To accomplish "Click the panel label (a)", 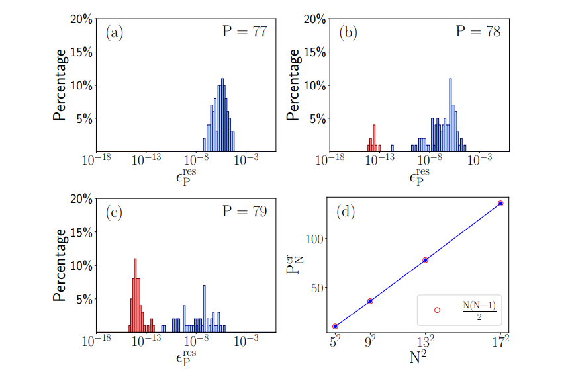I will point(115,32).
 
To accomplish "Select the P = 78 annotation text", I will point(477,32).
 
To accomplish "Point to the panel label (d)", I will point(348,212).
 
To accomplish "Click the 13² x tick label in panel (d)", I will point(426,341).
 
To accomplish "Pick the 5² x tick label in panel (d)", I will point(336,341).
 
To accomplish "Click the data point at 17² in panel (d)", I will point(500,203).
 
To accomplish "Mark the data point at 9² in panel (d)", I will point(370,301).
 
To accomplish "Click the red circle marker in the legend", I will point(437,310).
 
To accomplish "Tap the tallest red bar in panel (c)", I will point(135,295).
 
